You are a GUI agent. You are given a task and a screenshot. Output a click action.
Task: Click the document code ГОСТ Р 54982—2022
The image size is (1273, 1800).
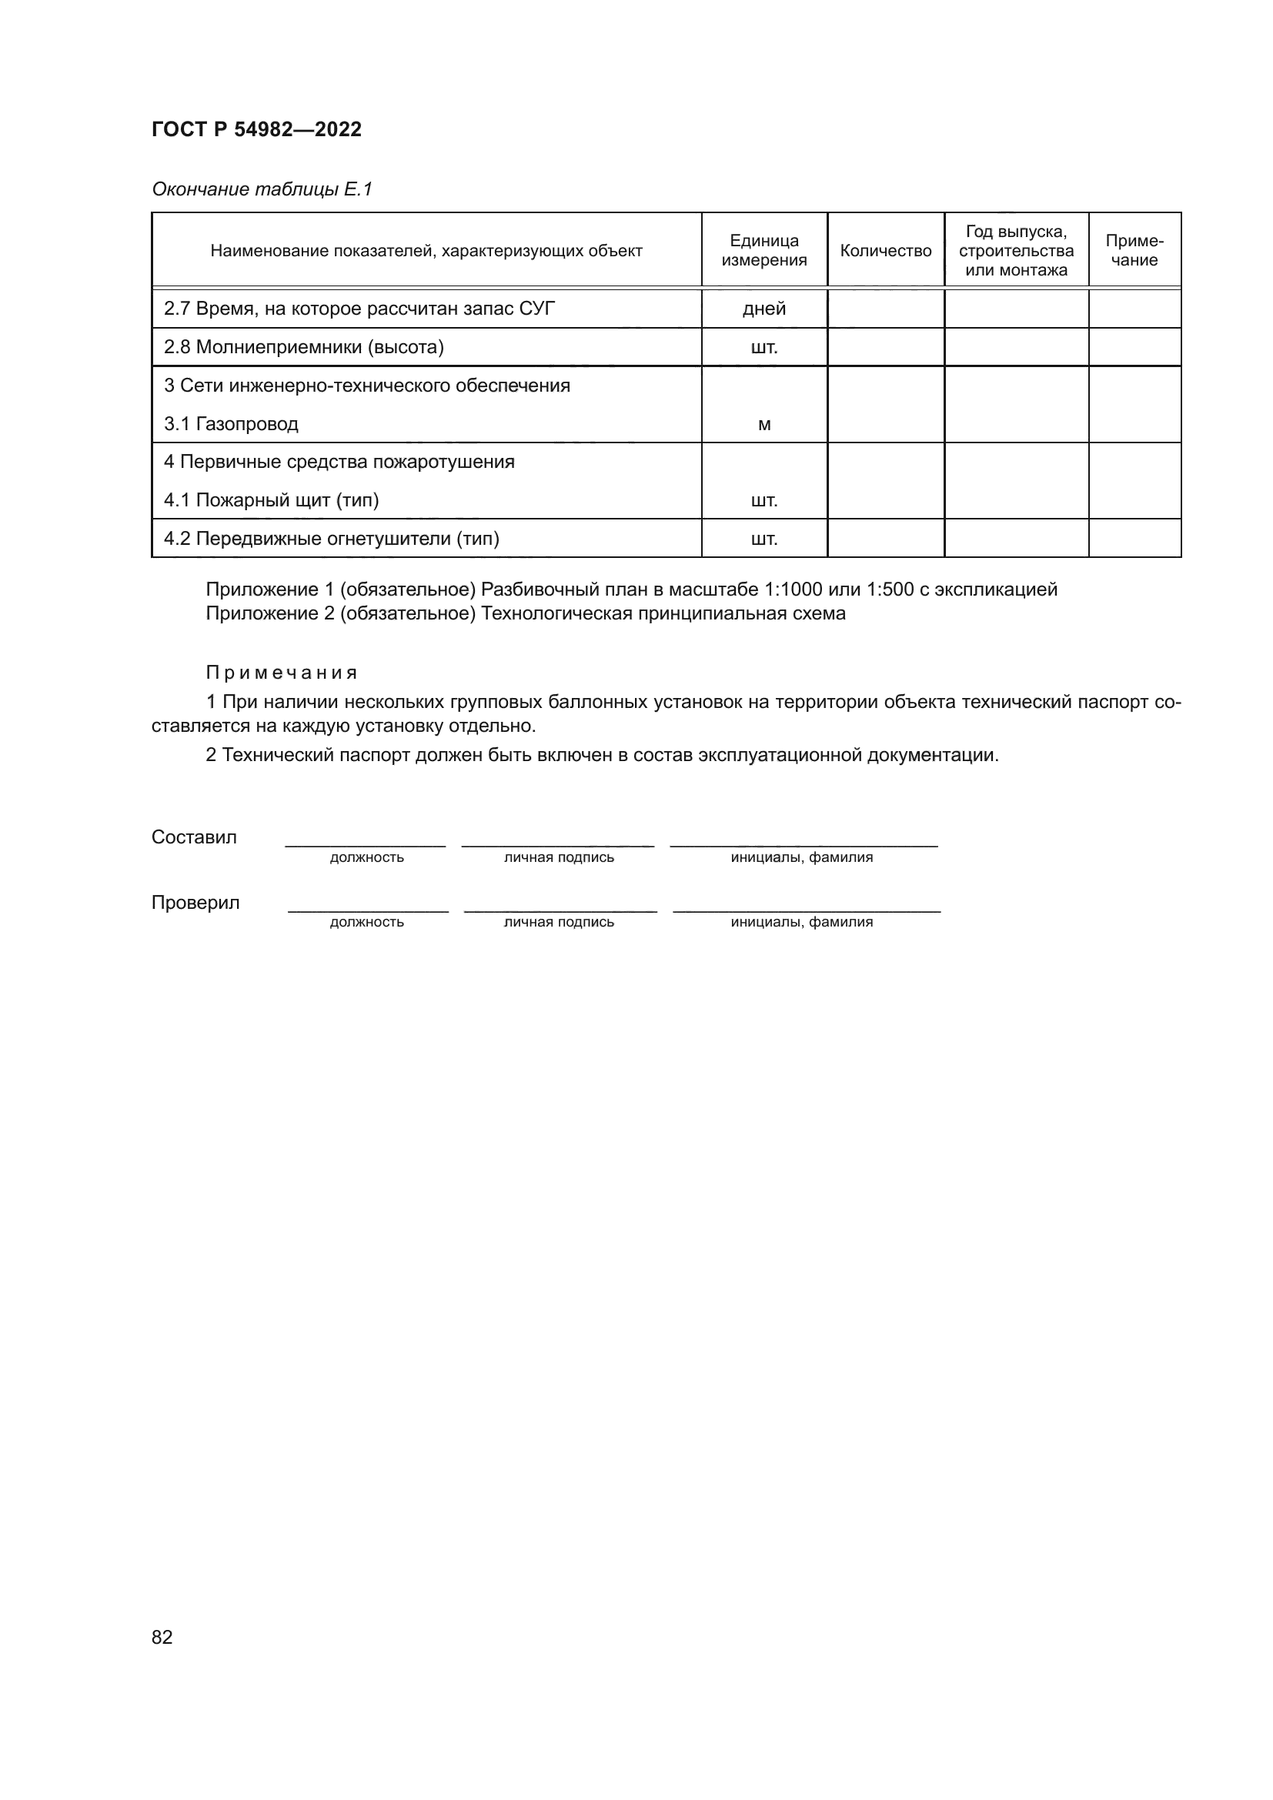[x=256, y=129]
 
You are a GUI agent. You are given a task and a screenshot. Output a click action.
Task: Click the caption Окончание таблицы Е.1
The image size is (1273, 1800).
[x=262, y=189]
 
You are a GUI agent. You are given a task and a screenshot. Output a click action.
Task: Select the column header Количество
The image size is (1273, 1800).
[x=885, y=251]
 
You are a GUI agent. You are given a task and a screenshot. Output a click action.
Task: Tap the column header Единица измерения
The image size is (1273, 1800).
[x=763, y=251]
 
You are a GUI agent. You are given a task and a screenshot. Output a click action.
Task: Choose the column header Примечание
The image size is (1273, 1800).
[x=1134, y=251]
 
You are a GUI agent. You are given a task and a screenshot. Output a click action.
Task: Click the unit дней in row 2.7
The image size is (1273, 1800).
[x=763, y=309]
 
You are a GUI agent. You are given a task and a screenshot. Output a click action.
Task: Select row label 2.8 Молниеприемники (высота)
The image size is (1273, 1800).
[x=303, y=347]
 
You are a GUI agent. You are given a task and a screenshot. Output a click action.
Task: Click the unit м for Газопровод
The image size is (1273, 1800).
[x=764, y=425]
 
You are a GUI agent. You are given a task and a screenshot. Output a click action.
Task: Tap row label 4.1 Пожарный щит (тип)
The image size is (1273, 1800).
[x=271, y=500]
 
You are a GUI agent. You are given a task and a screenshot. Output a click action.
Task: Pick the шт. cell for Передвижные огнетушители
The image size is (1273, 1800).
[x=763, y=539]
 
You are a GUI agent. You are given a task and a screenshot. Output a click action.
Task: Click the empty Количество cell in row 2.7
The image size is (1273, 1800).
[x=885, y=309]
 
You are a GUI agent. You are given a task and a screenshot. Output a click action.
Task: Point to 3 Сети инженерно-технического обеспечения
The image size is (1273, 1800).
[x=367, y=386]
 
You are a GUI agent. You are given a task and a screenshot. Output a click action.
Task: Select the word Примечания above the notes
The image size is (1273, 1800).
[x=282, y=673]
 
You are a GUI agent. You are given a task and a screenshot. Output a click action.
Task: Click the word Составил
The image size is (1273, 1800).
[x=194, y=837]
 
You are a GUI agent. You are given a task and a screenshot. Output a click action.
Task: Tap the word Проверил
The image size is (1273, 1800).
[x=195, y=903]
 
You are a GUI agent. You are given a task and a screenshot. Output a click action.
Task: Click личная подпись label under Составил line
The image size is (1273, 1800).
[x=558, y=857]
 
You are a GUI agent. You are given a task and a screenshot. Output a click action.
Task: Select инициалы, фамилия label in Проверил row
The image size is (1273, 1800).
[x=801, y=923]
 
